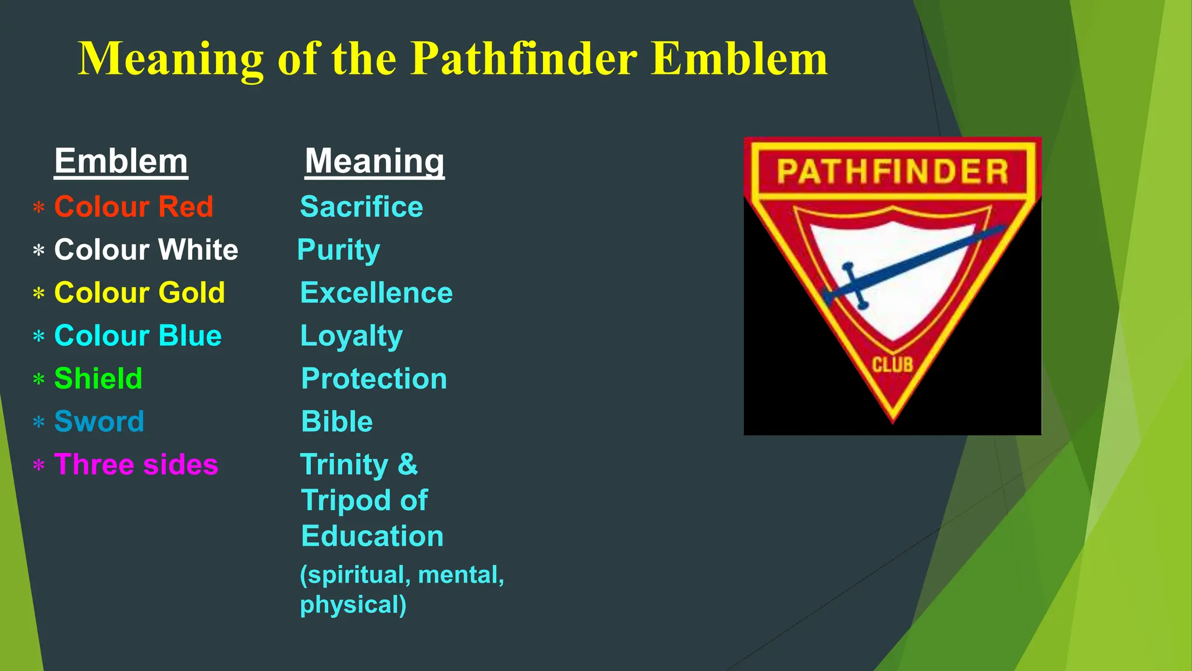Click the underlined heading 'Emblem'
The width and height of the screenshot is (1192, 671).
click(121, 161)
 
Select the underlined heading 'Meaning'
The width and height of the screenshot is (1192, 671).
click(374, 161)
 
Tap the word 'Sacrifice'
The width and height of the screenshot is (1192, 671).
click(361, 207)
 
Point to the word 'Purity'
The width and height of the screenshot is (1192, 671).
click(339, 250)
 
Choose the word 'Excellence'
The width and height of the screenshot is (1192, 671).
click(376, 292)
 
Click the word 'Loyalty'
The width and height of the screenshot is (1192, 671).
click(352, 336)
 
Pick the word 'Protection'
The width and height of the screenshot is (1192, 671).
click(374, 379)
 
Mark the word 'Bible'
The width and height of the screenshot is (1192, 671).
click(337, 422)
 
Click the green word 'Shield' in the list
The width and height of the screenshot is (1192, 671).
click(98, 379)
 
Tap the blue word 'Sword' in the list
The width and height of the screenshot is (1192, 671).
click(99, 422)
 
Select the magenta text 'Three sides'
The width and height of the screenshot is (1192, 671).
click(136, 465)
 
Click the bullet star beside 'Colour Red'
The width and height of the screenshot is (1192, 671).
click(39, 208)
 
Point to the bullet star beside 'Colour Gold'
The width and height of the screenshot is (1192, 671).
click(39, 294)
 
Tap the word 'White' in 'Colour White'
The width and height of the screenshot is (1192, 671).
click(198, 250)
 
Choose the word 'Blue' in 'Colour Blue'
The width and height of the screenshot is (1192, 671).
click(190, 336)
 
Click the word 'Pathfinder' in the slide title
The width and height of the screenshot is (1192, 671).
click(523, 59)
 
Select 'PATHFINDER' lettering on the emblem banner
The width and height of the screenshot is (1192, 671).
click(892, 172)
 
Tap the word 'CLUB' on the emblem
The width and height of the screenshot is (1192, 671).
click(892, 365)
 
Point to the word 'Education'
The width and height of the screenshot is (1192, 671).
click(372, 536)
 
